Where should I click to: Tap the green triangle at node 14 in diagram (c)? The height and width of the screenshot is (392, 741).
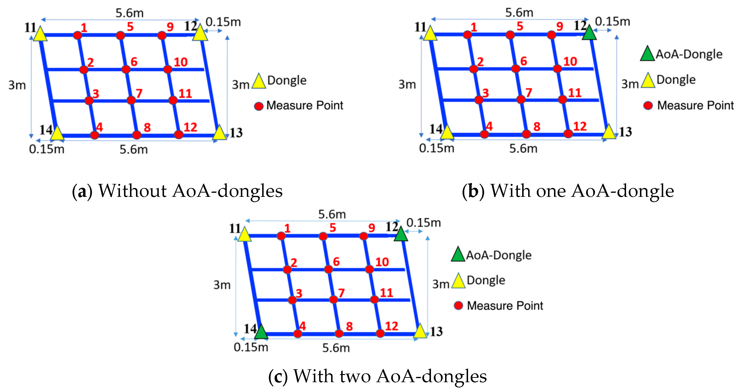point(261,332)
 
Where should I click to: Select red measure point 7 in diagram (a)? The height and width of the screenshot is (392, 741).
point(131,100)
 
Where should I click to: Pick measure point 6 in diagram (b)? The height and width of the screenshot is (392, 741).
point(516,68)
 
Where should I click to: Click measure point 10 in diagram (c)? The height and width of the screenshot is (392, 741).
point(369,269)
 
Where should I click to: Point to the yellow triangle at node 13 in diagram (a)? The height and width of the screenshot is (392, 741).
point(220,133)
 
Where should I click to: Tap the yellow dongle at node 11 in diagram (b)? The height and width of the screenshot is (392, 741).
point(430,33)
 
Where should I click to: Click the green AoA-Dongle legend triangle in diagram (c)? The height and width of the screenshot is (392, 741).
point(458,254)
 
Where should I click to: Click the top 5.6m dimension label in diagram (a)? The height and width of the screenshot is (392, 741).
point(130,13)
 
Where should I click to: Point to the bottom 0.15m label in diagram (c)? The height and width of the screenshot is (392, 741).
point(251,347)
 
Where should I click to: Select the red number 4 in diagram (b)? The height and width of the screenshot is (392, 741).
point(489,126)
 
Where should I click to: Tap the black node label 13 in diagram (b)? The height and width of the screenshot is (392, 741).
point(626,132)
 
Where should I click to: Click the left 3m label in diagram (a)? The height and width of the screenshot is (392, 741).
point(17,85)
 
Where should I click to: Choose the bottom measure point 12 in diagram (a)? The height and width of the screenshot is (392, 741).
point(179,134)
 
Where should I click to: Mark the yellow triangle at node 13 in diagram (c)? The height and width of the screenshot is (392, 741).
point(420,331)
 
